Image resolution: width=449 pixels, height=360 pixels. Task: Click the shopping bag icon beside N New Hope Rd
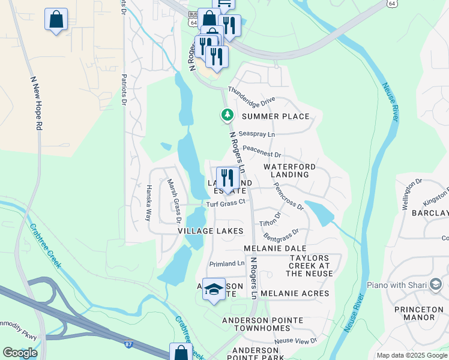point(56,20)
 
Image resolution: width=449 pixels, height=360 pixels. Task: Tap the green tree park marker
point(227,114)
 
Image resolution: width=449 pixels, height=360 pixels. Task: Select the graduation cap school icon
point(214,289)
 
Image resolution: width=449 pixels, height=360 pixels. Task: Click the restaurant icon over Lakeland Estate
point(228,178)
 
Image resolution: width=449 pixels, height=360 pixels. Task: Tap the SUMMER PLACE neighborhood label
point(276,116)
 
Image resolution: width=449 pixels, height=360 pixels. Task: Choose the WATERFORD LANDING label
point(289,170)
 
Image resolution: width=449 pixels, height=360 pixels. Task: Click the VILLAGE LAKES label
point(211,230)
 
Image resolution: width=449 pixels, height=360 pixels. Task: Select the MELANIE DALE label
point(275,248)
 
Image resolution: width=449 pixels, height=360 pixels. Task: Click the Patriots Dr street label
point(124,91)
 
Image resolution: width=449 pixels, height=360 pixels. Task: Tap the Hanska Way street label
point(148,203)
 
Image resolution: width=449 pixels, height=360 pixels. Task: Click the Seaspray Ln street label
point(256,134)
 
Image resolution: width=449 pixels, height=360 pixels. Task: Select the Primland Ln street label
point(226,263)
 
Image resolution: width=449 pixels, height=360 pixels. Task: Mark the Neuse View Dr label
point(295,341)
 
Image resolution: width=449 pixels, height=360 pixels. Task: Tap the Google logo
point(20,353)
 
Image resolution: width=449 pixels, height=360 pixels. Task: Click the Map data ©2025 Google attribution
point(412,355)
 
